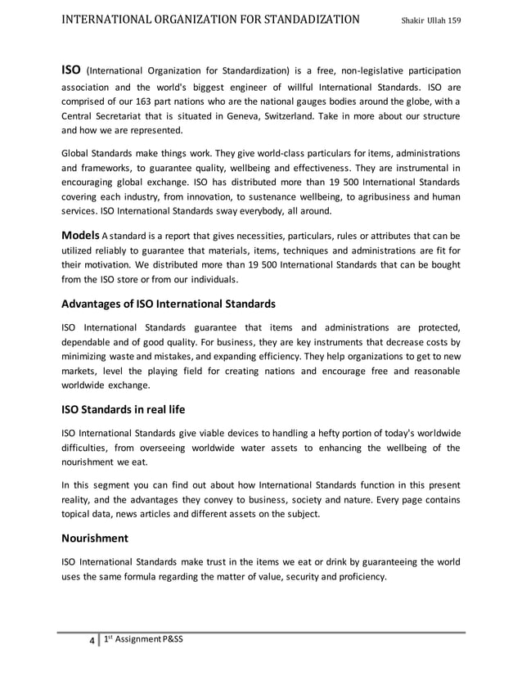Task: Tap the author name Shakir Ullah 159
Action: point(431,19)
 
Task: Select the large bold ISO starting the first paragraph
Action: point(73,70)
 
